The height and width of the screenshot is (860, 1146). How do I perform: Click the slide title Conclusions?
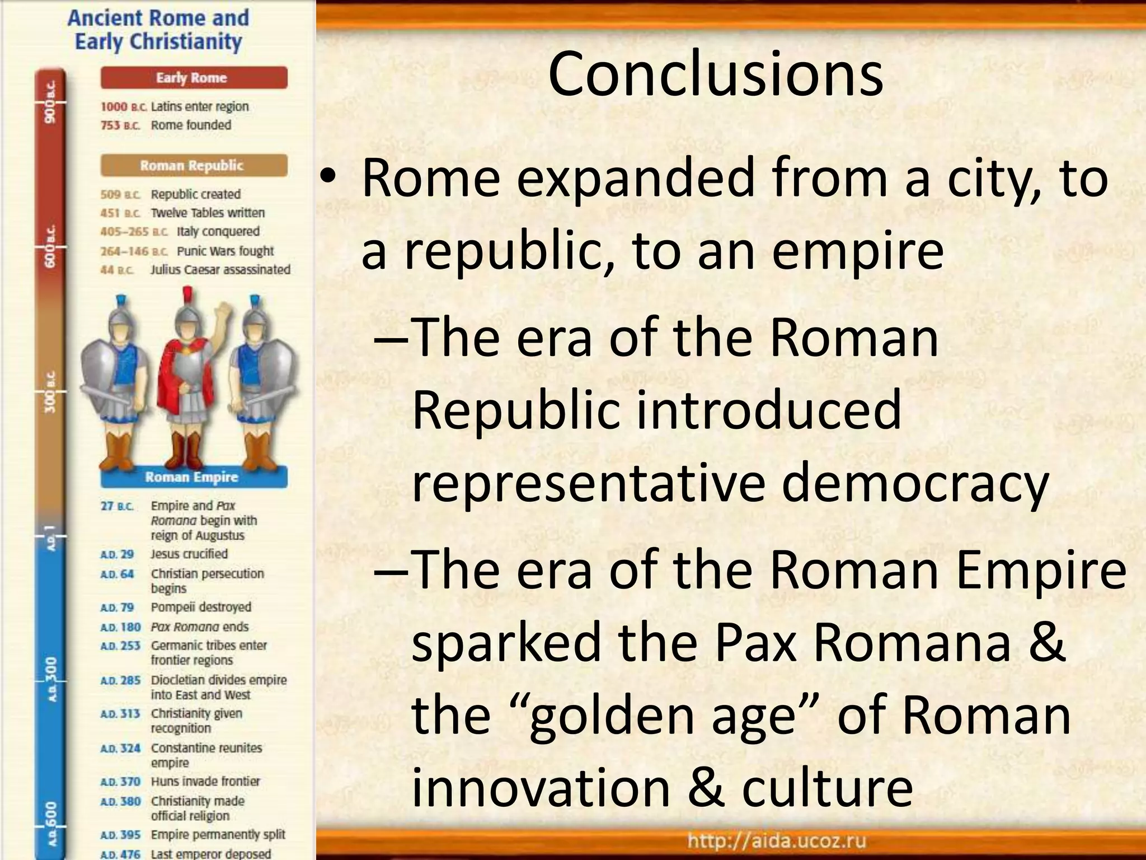[x=715, y=74]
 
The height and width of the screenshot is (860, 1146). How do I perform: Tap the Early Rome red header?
[x=194, y=78]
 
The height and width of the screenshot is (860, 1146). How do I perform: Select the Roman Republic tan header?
[x=194, y=166]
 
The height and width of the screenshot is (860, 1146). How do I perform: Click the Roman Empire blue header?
[x=194, y=477]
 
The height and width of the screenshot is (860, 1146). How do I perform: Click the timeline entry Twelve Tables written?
[x=208, y=213]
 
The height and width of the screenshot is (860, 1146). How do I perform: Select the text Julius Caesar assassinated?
[x=220, y=270]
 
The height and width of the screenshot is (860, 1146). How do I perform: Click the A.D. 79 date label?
[x=117, y=607]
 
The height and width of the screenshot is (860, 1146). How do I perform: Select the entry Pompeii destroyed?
[x=201, y=607]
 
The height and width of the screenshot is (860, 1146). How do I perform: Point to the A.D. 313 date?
[x=120, y=714]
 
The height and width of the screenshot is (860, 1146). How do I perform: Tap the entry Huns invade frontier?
[x=205, y=782]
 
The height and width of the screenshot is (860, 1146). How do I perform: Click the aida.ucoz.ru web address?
[x=777, y=840]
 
